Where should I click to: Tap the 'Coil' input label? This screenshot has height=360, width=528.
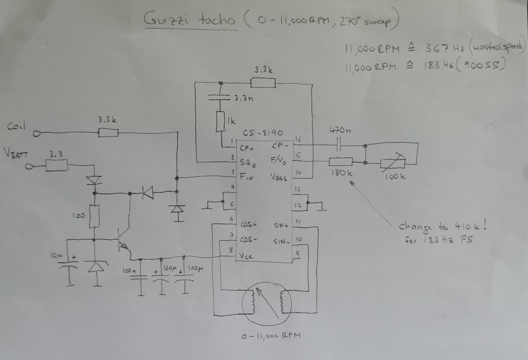(17, 125)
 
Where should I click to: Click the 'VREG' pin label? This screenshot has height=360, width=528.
(279, 176)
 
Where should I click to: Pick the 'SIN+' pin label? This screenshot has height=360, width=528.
(281, 225)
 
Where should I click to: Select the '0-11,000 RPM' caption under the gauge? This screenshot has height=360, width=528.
(271, 336)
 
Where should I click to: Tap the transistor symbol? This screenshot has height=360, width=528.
(124, 242)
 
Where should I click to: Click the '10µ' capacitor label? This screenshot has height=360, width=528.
(57, 256)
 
